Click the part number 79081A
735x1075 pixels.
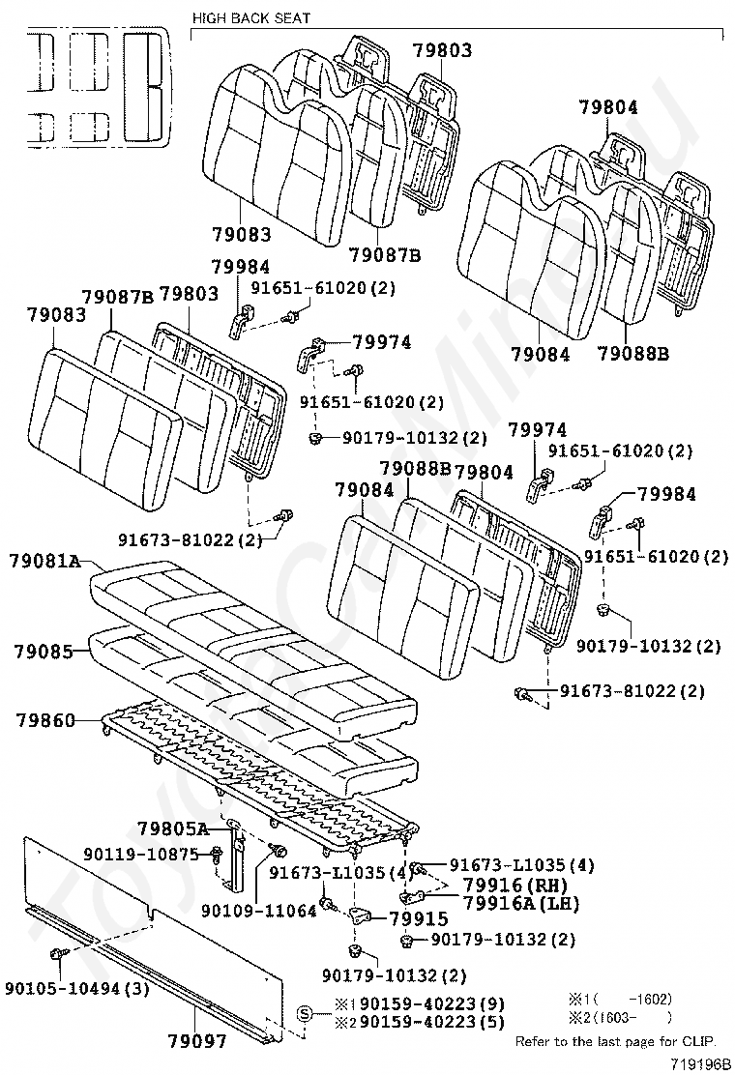(x=45, y=560)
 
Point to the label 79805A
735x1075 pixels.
(x=173, y=828)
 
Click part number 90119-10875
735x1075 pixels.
(x=140, y=854)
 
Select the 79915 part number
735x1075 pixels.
(x=419, y=919)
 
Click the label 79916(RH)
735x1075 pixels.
(x=514, y=885)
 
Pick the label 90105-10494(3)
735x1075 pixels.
(x=76, y=987)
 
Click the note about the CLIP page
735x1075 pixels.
(x=615, y=1040)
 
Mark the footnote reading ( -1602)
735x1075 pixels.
(x=633, y=999)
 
